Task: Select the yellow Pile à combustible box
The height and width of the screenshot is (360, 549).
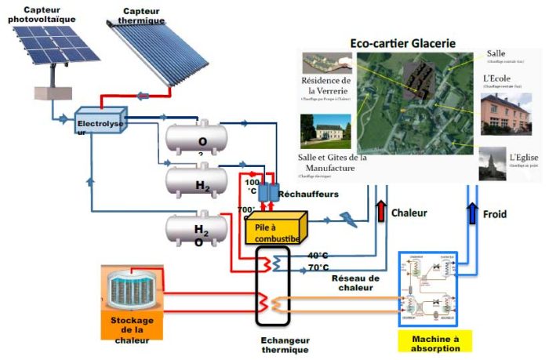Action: (x=275, y=227)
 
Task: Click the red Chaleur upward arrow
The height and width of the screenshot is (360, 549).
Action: (x=382, y=212)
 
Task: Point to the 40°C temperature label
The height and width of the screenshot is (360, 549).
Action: (x=317, y=256)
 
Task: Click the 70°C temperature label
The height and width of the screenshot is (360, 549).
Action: (x=317, y=267)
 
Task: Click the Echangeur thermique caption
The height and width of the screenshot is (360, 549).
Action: (x=285, y=345)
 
